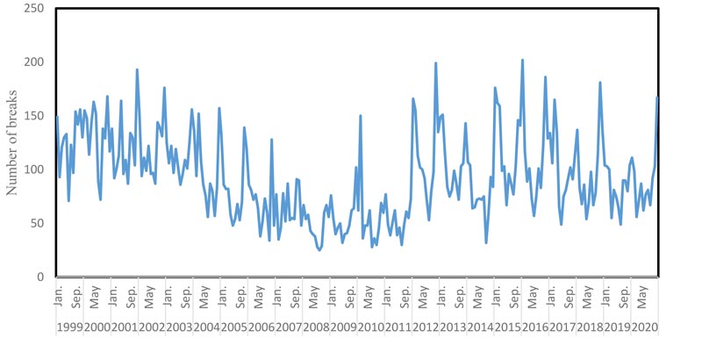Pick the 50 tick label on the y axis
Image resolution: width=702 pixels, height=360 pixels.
[x=38, y=223]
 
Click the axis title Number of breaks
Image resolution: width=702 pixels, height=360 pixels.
[x=13, y=141]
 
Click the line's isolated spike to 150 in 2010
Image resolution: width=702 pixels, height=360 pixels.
[x=361, y=116]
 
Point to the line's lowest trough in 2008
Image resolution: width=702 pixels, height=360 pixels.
[x=319, y=250]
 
